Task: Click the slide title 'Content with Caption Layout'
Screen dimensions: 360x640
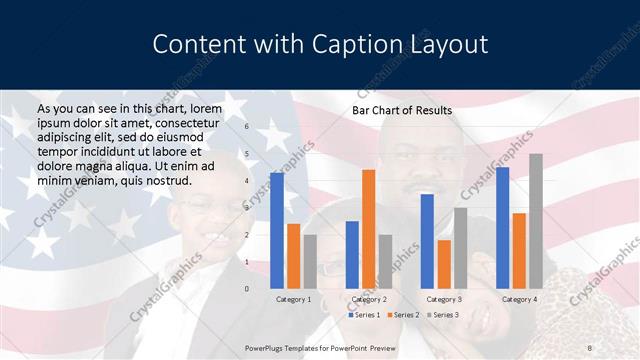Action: (x=320, y=45)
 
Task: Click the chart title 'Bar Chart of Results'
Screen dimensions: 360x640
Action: (x=401, y=110)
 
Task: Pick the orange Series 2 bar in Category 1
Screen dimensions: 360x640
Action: (x=293, y=256)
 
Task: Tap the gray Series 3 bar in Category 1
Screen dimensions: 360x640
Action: (x=309, y=262)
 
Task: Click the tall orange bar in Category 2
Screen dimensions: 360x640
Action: (x=369, y=229)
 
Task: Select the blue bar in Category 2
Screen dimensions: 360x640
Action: (x=352, y=255)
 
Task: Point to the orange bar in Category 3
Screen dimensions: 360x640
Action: (x=444, y=264)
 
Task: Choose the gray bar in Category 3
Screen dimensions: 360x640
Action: (x=460, y=248)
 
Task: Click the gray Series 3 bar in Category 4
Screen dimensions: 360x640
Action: (x=536, y=221)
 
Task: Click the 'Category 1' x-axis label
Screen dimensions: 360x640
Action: (x=293, y=299)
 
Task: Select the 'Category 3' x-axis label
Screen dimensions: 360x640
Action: (x=444, y=299)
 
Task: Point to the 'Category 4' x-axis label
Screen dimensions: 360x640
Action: (x=519, y=299)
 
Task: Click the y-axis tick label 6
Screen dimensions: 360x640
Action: (x=246, y=127)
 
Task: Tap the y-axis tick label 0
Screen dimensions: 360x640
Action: (x=246, y=289)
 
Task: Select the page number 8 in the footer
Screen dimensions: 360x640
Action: (x=589, y=346)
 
